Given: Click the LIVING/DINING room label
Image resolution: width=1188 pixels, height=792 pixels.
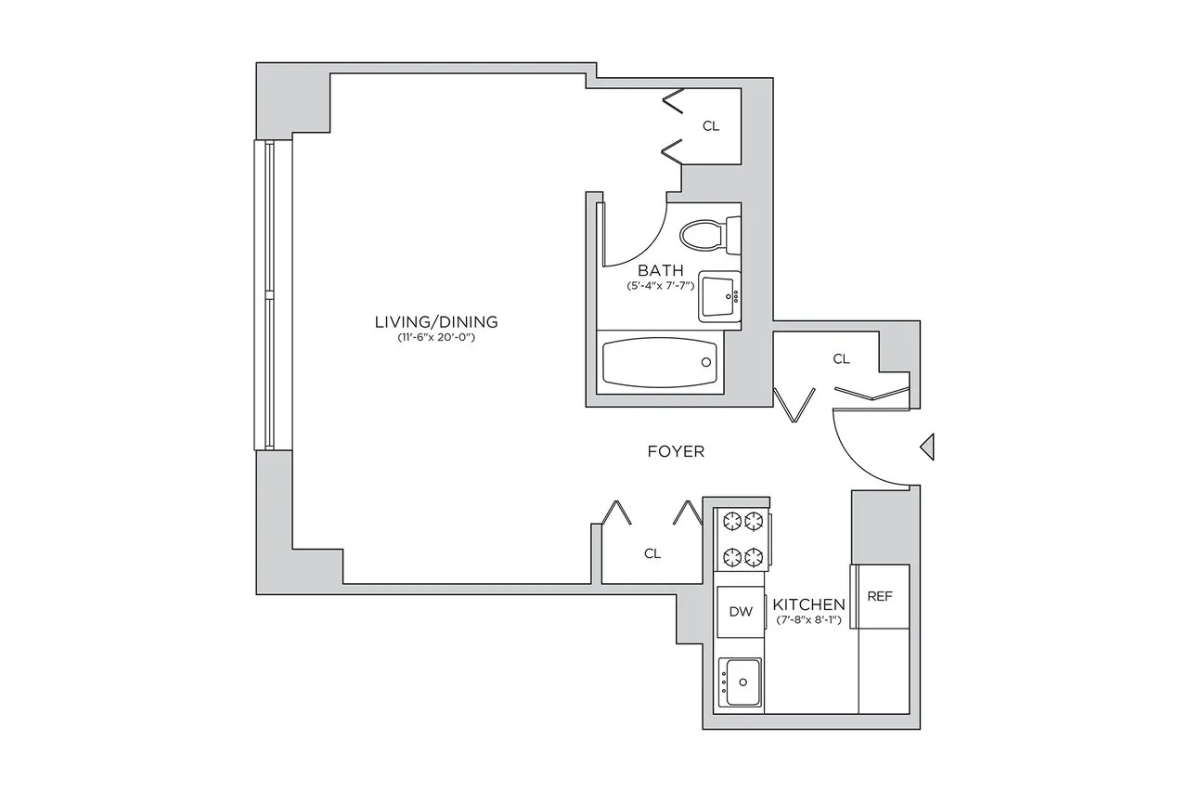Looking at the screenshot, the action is tap(436, 322).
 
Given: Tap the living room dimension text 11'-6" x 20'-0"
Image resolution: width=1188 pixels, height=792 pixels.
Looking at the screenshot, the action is tap(436, 337).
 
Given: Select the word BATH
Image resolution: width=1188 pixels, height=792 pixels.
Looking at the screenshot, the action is tap(660, 270).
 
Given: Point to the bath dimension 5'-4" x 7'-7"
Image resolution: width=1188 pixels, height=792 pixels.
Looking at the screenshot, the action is tap(660, 286).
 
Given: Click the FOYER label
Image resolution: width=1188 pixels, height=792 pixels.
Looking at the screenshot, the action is tap(676, 451).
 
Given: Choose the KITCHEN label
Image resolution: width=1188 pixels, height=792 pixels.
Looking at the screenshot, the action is tap(808, 604).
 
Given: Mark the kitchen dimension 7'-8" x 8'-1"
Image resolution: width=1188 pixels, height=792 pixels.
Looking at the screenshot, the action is tap(808, 619).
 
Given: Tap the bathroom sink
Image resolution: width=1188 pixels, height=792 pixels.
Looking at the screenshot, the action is tap(719, 296).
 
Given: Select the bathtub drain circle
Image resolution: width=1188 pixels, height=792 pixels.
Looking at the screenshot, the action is tap(706, 362).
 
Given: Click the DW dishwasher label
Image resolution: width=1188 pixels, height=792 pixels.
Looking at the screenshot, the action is tap(741, 612).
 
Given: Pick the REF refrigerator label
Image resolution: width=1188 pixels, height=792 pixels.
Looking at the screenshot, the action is tap(880, 596).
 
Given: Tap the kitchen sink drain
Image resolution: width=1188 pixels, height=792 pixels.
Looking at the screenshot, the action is tap(743, 682).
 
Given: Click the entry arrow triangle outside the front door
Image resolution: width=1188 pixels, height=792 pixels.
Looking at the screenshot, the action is tap(927, 447).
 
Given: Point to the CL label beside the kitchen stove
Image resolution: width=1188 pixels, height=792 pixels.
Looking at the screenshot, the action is tap(652, 553).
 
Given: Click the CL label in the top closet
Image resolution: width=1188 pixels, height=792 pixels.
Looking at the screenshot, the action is tap(711, 126).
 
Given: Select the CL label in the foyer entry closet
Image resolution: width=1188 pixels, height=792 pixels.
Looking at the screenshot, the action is tap(841, 359).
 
